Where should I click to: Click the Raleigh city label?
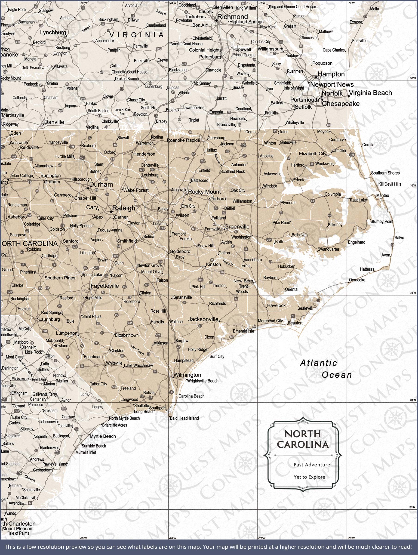(124, 208)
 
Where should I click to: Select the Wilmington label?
(187, 375)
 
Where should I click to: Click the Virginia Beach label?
(370, 93)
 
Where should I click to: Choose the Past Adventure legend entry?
(312, 465)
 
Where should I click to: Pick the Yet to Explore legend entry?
(309, 477)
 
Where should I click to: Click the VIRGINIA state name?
(137, 35)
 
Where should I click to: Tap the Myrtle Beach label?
(103, 436)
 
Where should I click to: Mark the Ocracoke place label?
(357, 280)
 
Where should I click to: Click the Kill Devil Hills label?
(390, 184)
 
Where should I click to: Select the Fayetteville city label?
(105, 286)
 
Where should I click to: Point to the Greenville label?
(237, 227)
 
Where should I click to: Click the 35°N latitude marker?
(413, 293)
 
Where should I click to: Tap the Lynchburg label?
(53, 32)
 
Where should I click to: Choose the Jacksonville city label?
(203, 319)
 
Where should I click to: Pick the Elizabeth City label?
(313, 154)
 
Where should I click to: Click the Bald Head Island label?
(184, 418)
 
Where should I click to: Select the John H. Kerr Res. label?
(123, 112)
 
